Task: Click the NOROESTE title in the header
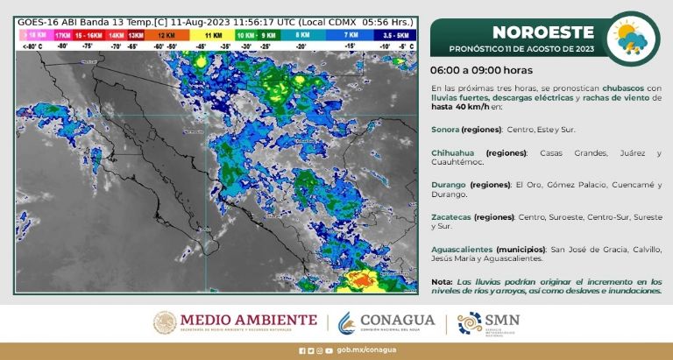[532, 32]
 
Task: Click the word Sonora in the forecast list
[449, 129]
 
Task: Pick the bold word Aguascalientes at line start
[462, 249]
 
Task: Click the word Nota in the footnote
[442, 280]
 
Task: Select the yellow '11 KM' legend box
[213, 33]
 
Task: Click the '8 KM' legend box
[303, 33]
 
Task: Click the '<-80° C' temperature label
[31, 44]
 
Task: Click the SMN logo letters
[501, 320]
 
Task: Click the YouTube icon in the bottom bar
[329, 350]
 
